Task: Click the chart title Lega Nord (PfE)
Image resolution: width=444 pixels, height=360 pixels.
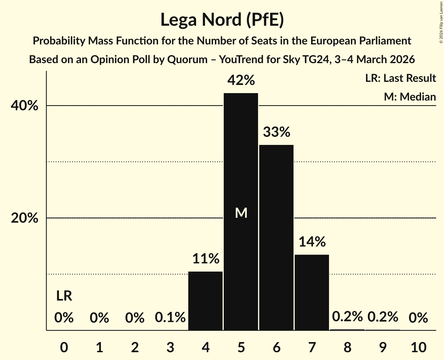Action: (x=222, y=19)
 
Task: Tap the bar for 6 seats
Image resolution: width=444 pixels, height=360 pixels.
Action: (x=276, y=237)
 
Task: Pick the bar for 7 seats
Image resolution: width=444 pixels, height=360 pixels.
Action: (x=312, y=292)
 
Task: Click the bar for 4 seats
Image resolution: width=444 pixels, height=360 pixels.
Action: (x=205, y=300)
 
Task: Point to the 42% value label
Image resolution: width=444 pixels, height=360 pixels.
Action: (x=241, y=81)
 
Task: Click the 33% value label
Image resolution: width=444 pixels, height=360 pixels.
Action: (x=276, y=132)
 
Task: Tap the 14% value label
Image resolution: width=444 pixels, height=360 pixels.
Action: (x=312, y=242)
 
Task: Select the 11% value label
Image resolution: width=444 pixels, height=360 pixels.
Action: (x=205, y=259)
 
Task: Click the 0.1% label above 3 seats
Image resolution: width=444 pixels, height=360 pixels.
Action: (x=170, y=318)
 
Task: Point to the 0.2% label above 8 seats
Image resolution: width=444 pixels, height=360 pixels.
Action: (x=347, y=317)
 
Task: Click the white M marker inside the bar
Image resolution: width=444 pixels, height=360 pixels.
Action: (x=241, y=213)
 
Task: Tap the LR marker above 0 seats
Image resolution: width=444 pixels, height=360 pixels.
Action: (x=64, y=296)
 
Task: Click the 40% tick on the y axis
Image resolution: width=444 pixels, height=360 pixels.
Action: (x=25, y=106)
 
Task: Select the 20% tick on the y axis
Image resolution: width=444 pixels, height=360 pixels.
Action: (x=25, y=218)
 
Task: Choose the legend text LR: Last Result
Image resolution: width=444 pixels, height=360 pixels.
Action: (x=400, y=78)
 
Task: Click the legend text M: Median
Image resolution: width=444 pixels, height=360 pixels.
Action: (x=410, y=97)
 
